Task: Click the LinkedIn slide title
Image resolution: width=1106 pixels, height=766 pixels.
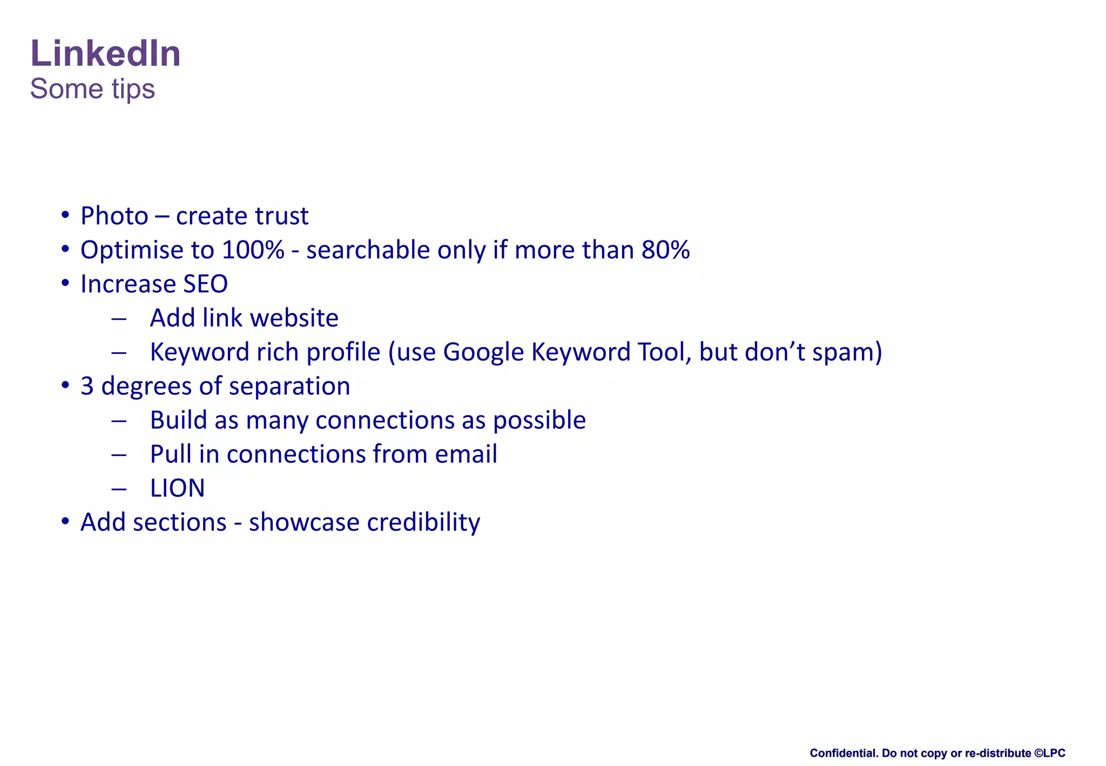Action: (105, 53)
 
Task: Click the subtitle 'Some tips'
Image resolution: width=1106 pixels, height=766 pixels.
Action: (92, 89)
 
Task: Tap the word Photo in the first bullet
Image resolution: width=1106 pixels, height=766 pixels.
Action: (114, 216)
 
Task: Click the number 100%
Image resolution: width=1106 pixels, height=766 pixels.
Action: (253, 250)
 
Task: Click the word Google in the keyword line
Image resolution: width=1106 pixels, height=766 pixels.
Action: (483, 352)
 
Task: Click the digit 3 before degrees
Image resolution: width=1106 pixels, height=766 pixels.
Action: (87, 386)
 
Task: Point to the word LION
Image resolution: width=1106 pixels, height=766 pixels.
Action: (177, 488)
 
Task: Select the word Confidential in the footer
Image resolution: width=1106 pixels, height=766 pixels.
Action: (842, 753)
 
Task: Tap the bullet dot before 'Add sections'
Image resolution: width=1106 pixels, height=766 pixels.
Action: (65, 521)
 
